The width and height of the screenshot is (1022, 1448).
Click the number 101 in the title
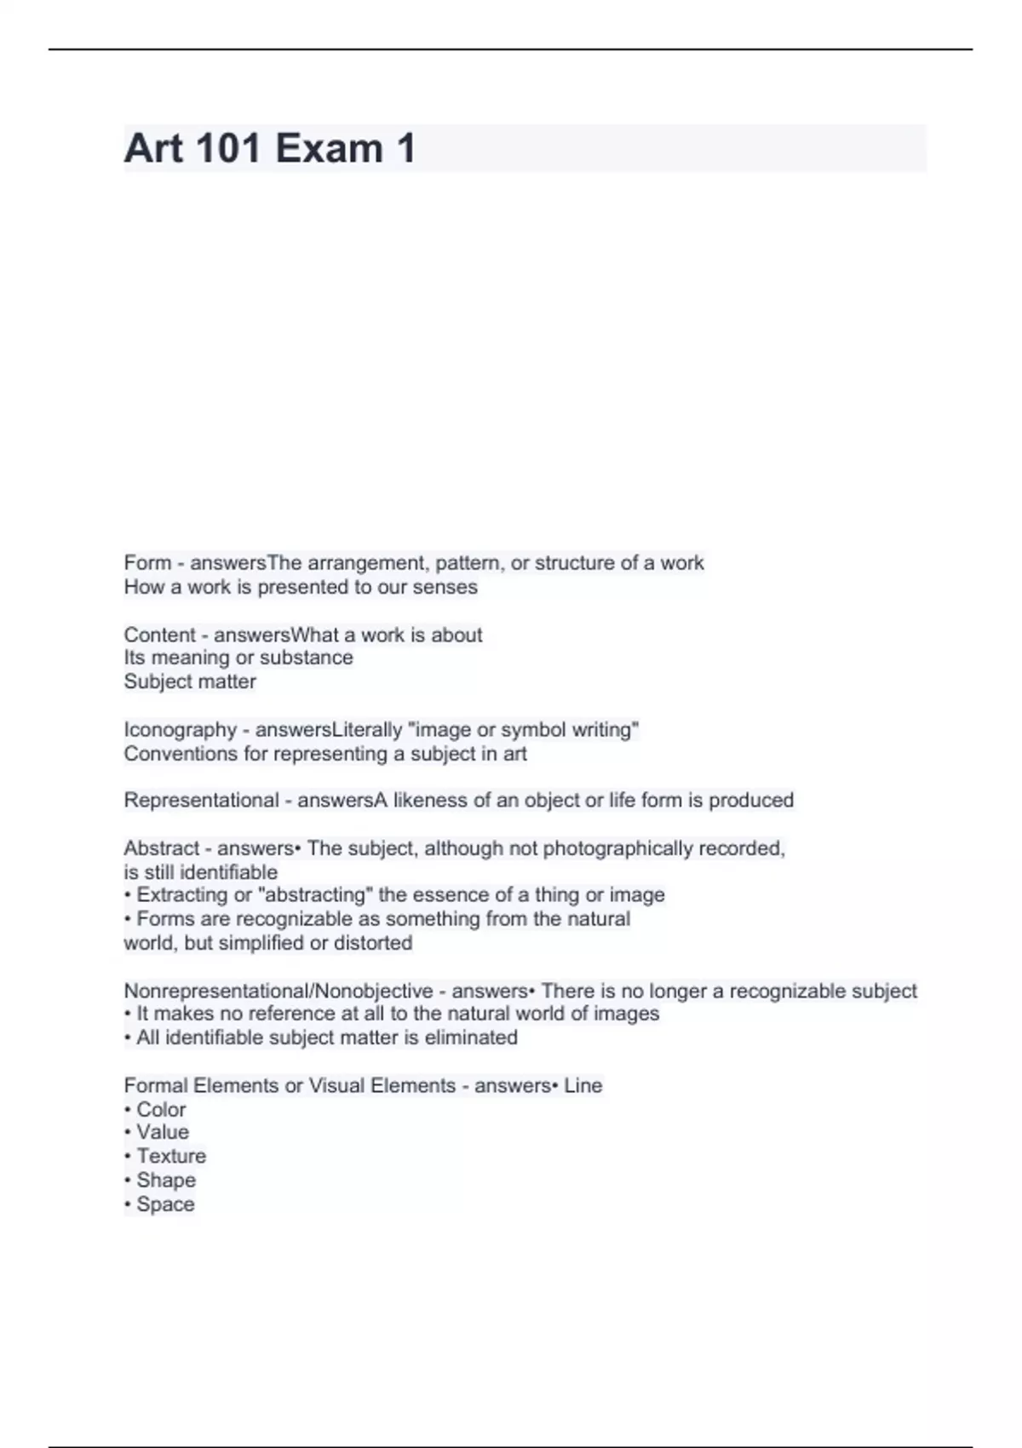click(x=228, y=148)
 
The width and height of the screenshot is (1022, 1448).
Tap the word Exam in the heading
click(x=329, y=148)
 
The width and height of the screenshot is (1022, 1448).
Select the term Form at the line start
click(x=147, y=563)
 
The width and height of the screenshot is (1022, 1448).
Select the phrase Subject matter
click(x=190, y=681)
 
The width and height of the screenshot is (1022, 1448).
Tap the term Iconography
click(x=180, y=730)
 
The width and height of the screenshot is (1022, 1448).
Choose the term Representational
click(x=201, y=801)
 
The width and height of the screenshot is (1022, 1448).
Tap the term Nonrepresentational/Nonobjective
click(x=278, y=991)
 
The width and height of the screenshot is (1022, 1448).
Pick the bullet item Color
click(x=161, y=1110)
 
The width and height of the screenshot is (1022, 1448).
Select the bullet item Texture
click(x=171, y=1156)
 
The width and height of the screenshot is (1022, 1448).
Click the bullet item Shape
click(x=166, y=1181)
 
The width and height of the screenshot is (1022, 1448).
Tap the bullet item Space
click(x=165, y=1204)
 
